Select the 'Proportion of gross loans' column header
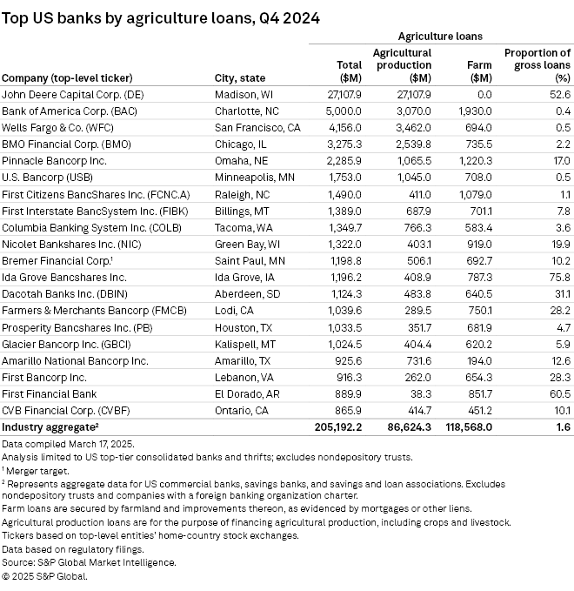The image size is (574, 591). [537, 64]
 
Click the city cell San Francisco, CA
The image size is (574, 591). [257, 127]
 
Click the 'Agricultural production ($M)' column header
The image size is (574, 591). [402, 64]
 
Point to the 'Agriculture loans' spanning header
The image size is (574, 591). [440, 37]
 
